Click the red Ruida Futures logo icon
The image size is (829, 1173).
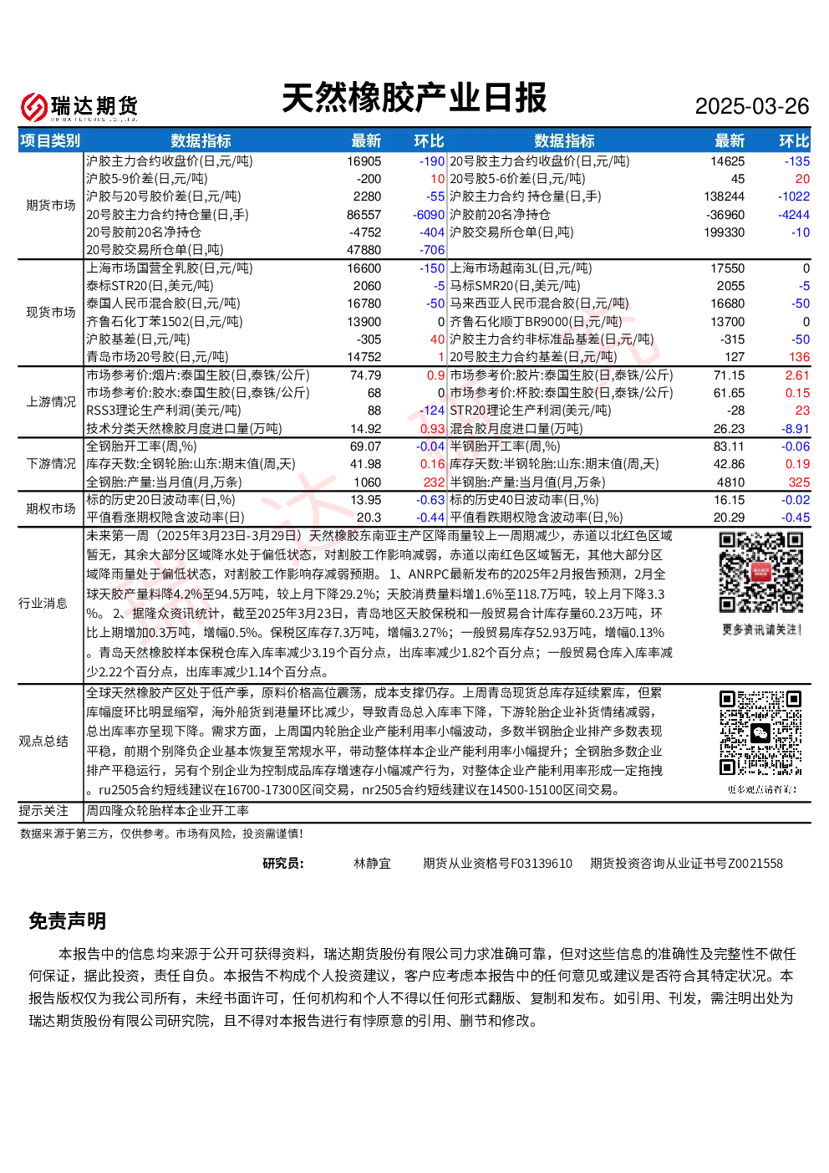coord(33,106)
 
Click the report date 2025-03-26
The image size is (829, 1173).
coord(751,106)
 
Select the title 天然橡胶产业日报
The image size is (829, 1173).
coord(414,98)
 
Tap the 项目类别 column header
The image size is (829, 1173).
coord(50,140)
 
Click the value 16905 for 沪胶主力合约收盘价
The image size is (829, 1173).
coord(364,161)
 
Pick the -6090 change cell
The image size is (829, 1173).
coord(429,215)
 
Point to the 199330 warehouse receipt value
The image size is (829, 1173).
coord(724,232)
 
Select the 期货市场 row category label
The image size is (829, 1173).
coord(51,205)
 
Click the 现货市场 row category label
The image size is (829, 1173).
coord(51,312)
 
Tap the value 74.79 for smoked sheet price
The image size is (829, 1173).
coord(366,375)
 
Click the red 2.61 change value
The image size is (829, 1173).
coord(797,375)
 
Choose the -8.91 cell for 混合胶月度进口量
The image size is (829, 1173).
coord(796,428)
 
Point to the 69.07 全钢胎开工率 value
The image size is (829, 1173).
coord(366,446)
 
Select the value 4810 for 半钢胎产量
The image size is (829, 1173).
coord(730,482)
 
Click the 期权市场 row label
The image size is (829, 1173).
coord(51,508)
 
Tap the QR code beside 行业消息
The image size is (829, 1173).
coord(761,573)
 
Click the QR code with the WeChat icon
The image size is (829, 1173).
coord(761,733)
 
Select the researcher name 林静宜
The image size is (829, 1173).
coord(372,863)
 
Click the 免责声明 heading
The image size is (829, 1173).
coord(68,921)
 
